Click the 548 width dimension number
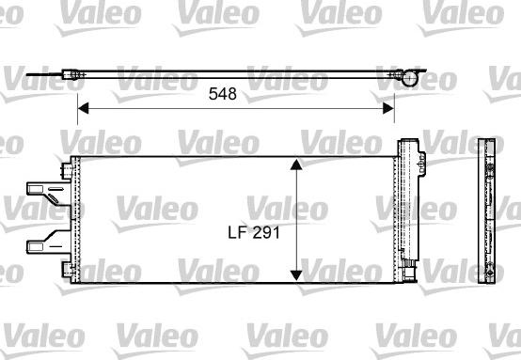[223, 94]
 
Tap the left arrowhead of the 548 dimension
[82, 108]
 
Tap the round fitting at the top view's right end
[403, 76]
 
